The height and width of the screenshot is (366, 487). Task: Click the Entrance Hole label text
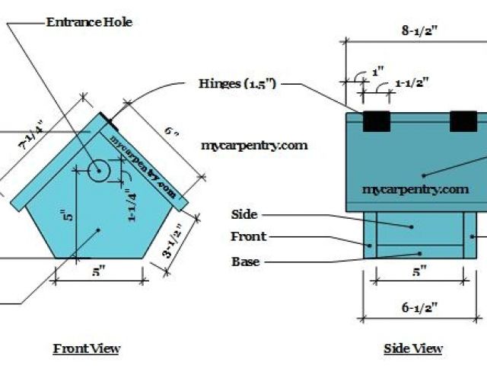[89, 22]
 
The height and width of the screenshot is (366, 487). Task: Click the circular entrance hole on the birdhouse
[99, 172]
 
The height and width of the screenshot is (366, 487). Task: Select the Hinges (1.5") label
[237, 82]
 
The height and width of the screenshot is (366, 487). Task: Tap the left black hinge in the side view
[376, 122]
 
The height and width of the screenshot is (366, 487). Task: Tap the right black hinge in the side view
[463, 122]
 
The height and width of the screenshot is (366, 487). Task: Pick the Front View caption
[86, 348]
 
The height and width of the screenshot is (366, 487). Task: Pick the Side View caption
[413, 348]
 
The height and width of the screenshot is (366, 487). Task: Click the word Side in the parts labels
[243, 215]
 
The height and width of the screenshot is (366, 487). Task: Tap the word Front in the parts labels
[248, 236]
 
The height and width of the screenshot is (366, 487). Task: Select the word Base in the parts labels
[245, 262]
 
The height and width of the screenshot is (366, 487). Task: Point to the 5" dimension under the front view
[100, 271]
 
